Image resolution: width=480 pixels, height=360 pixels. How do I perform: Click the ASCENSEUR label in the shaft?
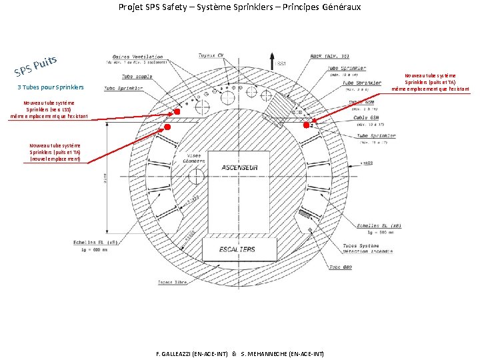point(239,167)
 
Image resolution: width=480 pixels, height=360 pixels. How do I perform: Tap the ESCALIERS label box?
point(237,249)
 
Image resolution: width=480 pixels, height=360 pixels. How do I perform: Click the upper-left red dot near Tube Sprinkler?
point(177,112)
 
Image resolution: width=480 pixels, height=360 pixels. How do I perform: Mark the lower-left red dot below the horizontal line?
point(167,127)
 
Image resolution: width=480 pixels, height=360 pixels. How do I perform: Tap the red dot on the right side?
point(307,125)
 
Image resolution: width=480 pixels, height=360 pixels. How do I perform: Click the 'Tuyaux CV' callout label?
point(211,55)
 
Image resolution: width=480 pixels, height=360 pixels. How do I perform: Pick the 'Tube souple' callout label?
point(137,76)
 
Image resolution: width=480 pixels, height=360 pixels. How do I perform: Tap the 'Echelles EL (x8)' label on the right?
point(378,226)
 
